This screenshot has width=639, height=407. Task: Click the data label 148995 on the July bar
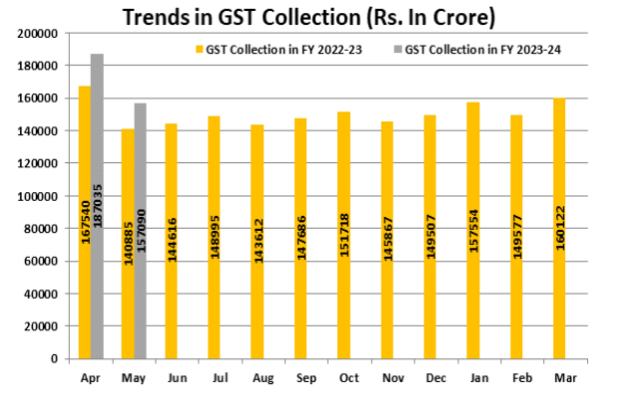point(213,234)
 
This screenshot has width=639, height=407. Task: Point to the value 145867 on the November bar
point(386,234)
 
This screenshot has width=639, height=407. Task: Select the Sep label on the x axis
point(300,378)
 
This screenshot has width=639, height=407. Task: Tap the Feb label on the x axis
point(516,378)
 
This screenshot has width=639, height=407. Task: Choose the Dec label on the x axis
point(430,378)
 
